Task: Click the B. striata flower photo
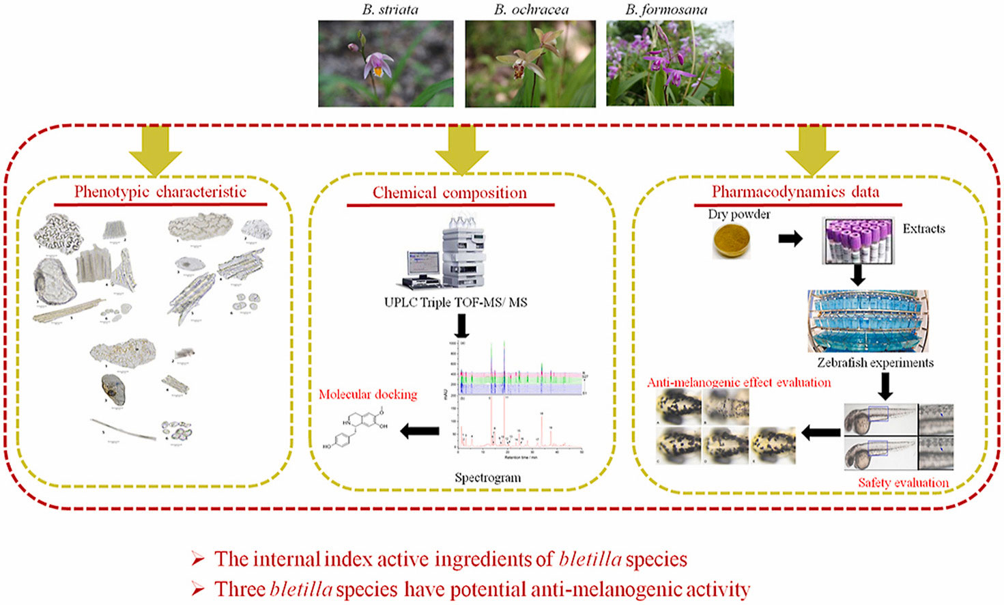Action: pyautogui.click(x=386, y=64)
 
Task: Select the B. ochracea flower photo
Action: pyautogui.click(x=530, y=64)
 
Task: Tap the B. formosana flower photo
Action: pyautogui.click(x=670, y=64)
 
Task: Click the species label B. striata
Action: pyautogui.click(x=390, y=10)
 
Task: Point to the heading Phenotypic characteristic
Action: pyautogui.click(x=160, y=192)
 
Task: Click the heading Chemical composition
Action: pyautogui.click(x=450, y=193)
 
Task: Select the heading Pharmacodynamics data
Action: pyautogui.click(x=795, y=192)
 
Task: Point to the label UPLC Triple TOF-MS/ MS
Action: pyautogui.click(x=455, y=302)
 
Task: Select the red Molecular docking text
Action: pyautogui.click(x=368, y=395)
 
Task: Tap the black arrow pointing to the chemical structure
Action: pyautogui.click(x=419, y=431)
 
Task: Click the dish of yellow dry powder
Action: pyautogui.click(x=731, y=240)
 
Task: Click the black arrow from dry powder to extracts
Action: pyautogui.click(x=790, y=239)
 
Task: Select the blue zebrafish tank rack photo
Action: pyautogui.click(x=867, y=320)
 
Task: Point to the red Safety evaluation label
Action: pyautogui.click(x=903, y=483)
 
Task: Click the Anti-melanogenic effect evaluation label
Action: pyautogui.click(x=739, y=383)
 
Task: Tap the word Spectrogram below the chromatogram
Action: pyautogui.click(x=487, y=478)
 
